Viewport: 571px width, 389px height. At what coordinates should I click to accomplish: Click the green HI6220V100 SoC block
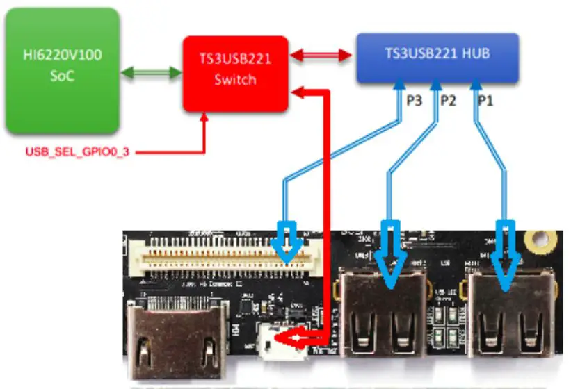61,70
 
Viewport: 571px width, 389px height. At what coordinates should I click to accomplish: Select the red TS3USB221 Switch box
235,74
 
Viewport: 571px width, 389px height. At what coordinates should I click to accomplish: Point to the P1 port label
485,101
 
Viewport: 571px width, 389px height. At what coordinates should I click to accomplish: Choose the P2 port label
448,101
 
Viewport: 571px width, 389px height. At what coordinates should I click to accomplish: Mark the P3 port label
414,101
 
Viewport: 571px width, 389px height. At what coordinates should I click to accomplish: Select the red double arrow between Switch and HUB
321,55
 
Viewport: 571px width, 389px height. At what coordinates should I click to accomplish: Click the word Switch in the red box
235,80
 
